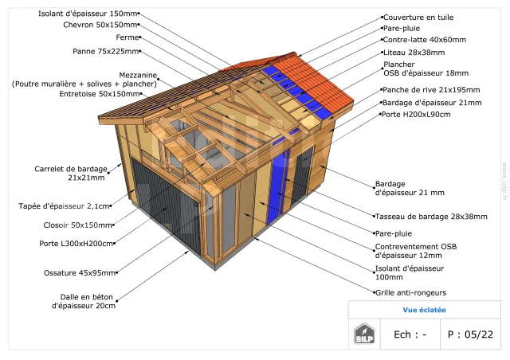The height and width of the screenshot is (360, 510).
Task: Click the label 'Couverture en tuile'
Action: click(418, 18)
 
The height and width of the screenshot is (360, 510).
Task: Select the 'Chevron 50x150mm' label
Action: click(100, 25)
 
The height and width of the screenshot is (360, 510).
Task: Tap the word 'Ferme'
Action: click(127, 37)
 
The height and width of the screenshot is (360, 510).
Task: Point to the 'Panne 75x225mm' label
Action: click(106, 52)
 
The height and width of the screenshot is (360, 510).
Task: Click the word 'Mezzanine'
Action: click(138, 75)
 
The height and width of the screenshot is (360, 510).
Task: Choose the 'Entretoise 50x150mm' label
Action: click(100, 94)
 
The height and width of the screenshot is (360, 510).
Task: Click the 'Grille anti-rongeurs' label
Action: click(411, 292)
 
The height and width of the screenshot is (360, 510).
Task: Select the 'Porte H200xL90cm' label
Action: click(416, 115)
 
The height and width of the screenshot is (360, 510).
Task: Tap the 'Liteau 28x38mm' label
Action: click(414, 53)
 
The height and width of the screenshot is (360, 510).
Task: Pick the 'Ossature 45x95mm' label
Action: click(80, 273)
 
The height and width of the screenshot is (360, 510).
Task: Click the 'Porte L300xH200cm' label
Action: click(76, 244)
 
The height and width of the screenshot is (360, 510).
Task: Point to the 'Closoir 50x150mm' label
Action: click(78, 225)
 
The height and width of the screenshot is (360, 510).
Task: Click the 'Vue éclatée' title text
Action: click(425, 310)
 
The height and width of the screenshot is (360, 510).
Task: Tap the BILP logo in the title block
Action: click(364, 334)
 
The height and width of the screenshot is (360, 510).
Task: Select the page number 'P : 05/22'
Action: click(470, 335)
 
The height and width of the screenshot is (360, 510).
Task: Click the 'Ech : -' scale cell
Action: click(410, 335)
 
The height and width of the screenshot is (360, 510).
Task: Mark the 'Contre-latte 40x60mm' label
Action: click(425, 40)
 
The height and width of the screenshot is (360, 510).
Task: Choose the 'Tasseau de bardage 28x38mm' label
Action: click(431, 217)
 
